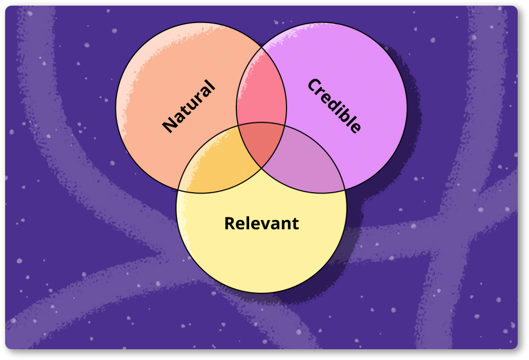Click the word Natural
click(189, 106)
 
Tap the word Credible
click(334, 106)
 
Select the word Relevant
click(261, 224)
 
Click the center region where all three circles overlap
click(261, 144)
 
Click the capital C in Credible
click(314, 86)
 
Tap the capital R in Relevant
click(230, 224)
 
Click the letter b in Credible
click(346, 115)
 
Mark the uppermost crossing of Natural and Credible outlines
click(262, 48)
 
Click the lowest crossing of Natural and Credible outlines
click(262, 168)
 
